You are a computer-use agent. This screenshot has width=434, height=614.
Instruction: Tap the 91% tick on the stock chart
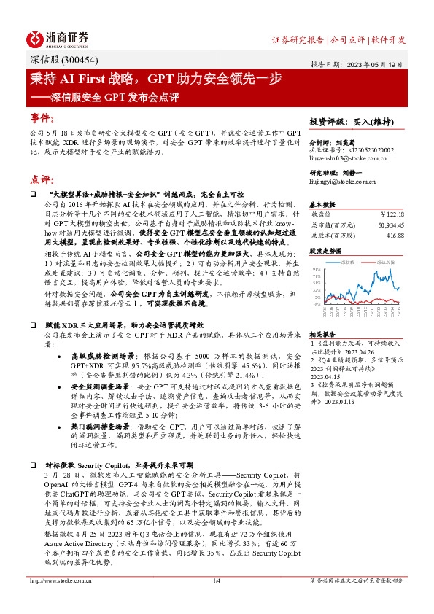click(x=316, y=268)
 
